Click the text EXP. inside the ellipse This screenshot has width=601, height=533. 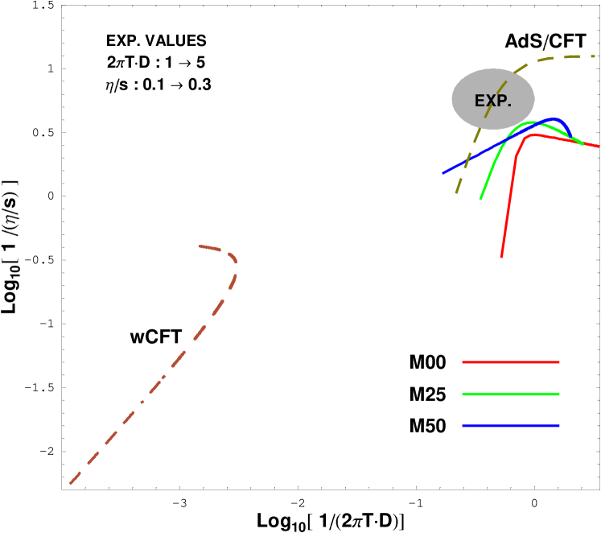tap(492, 101)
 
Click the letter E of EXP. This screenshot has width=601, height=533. tap(479, 101)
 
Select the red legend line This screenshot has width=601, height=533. tap(510, 362)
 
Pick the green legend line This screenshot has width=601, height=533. tap(510, 394)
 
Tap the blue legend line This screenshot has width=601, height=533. tap(510, 425)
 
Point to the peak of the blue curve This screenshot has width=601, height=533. tap(554, 119)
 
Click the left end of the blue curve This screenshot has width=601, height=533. tap(443, 173)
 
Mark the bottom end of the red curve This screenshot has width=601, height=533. tap(501, 257)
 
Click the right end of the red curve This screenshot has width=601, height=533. tap(599, 147)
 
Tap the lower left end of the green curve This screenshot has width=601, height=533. tap(481, 199)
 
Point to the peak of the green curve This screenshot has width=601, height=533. tap(532, 122)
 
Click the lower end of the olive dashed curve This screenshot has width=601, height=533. tap(456, 193)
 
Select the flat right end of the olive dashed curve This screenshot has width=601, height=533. tap(594, 56)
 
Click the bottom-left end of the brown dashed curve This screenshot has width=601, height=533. tap(70, 484)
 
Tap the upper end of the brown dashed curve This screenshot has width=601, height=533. tap(200, 246)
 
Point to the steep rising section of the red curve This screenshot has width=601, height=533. tap(508, 201)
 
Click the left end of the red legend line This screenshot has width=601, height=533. tap(463, 362)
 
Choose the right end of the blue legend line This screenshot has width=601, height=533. tap(558, 425)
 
